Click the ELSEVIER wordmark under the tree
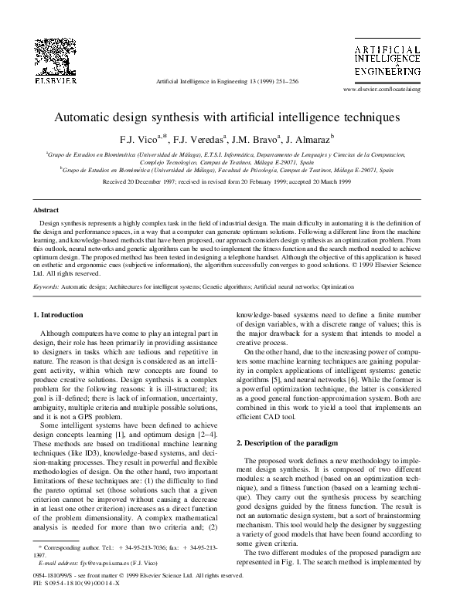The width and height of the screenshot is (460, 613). pos(36,80)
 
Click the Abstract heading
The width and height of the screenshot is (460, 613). pos(46,210)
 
